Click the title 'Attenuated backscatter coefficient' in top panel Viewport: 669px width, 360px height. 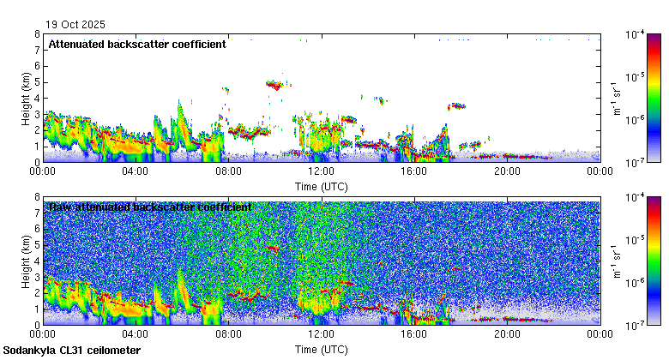pyautogui.click(x=137, y=44)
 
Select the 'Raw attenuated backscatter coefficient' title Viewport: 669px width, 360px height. pyautogui.click(x=150, y=207)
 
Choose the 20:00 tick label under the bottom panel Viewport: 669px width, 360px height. pyautogui.click(x=507, y=334)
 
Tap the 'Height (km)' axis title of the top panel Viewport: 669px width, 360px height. pyautogui.click(x=27, y=98)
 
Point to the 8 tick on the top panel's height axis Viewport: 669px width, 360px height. pyautogui.click(x=37, y=34)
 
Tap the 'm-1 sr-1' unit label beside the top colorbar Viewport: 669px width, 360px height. pyautogui.click(x=615, y=98)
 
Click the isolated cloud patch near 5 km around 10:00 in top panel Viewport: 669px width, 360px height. pyautogui.click(x=274, y=84)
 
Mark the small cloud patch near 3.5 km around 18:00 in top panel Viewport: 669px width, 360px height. pyautogui.click(x=457, y=106)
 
